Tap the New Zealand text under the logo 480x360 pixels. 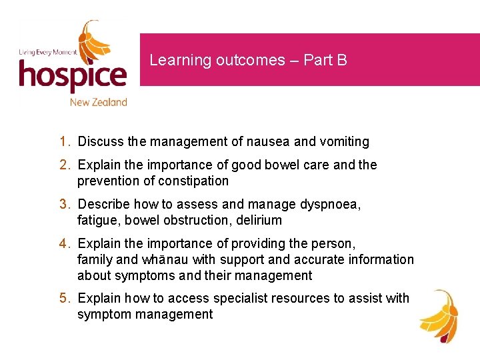pyautogui.click(x=98, y=102)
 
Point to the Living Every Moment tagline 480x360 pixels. pyautogui.click(x=47, y=52)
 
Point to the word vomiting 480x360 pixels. pyautogui.click(x=345, y=141)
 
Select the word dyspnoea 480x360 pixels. pyautogui.click(x=331, y=204)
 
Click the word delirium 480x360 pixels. pyautogui.click(x=257, y=220)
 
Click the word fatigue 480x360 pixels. pyautogui.click(x=96, y=220)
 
